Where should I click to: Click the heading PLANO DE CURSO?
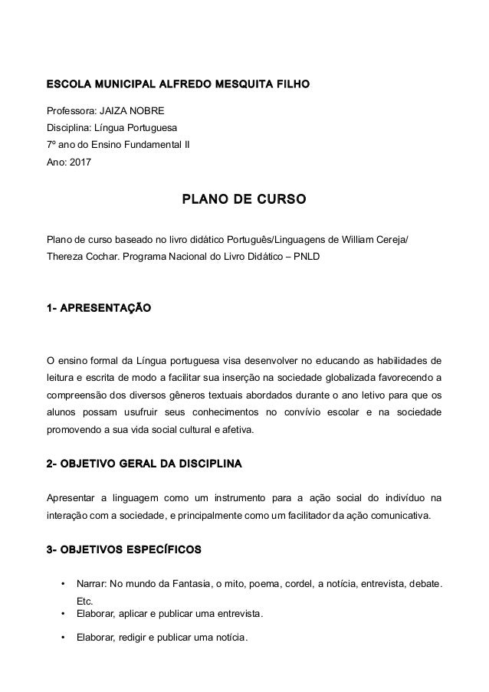coord(244,200)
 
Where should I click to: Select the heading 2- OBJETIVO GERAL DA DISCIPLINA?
coord(144,464)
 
